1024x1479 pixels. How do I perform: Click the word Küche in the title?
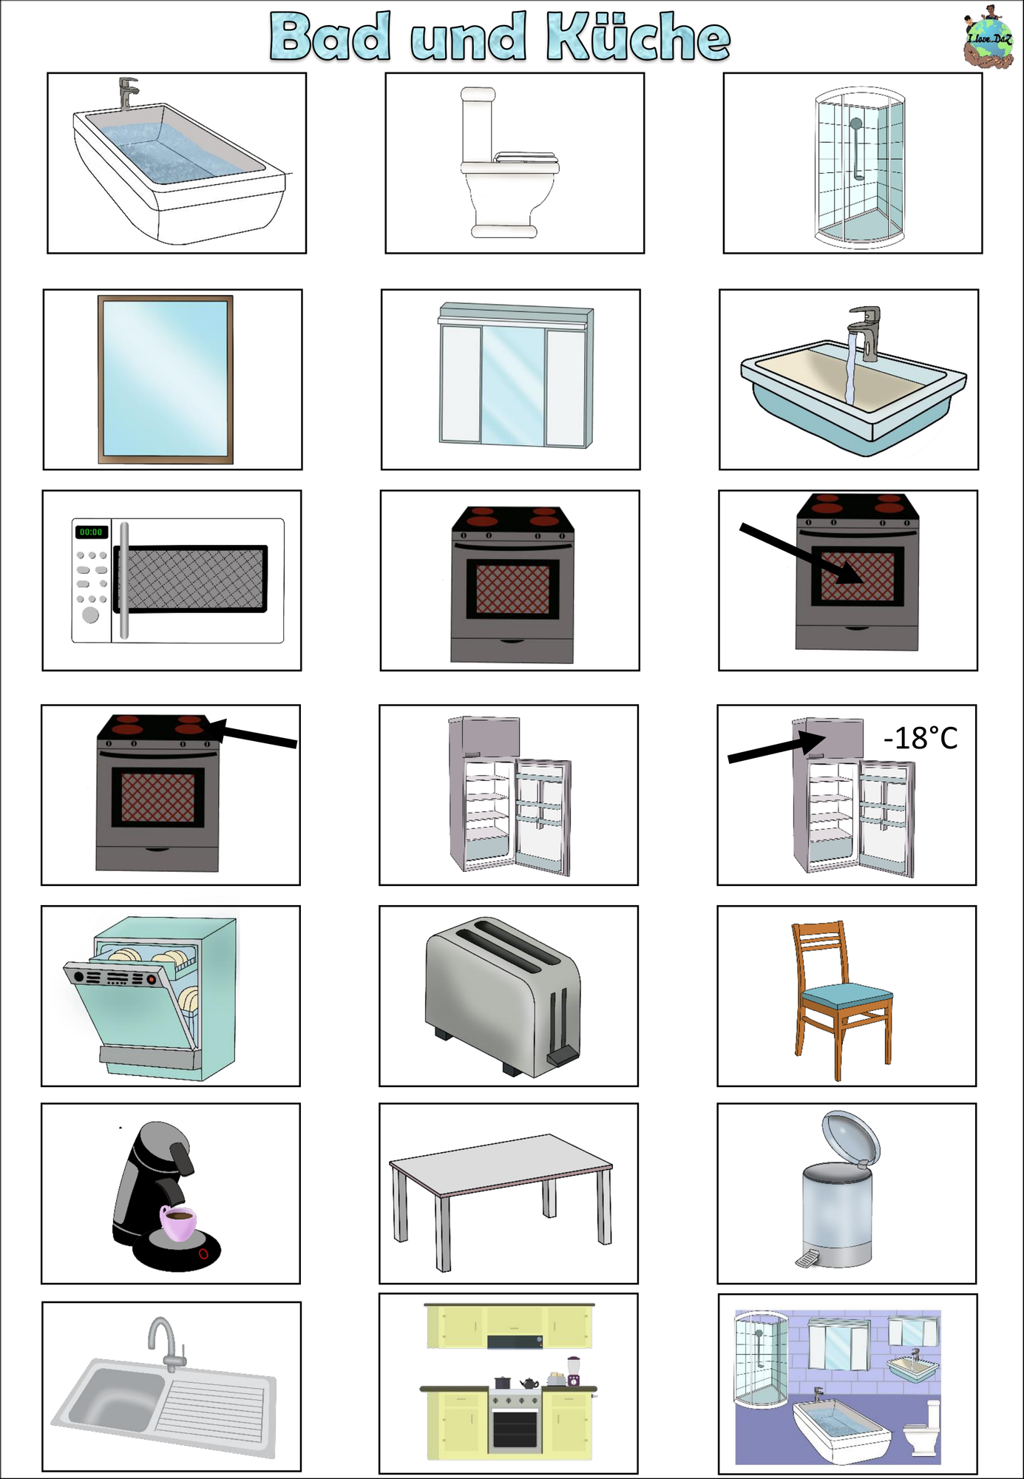pos(638,36)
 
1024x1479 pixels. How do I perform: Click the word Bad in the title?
pos(330,36)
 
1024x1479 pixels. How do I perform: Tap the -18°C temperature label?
pos(920,738)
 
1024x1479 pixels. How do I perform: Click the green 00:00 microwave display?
pos(91,532)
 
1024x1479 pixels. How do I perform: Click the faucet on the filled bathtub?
pos(128,93)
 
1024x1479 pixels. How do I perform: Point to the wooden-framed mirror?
pos(166,379)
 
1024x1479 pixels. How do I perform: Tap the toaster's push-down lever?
pos(563,1055)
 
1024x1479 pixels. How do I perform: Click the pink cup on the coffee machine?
pos(179,1223)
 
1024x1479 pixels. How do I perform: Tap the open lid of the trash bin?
pos(851,1137)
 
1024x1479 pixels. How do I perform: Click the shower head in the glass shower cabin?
pos(855,123)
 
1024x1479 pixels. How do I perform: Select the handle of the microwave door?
pos(124,581)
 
